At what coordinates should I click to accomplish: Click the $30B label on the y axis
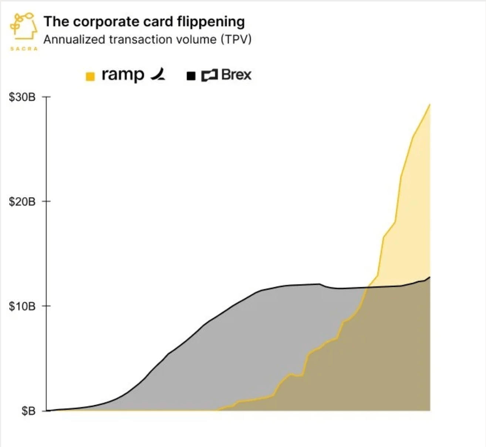point(22,97)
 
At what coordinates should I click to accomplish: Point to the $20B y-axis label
point(22,202)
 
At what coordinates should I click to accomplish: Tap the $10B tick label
point(22,306)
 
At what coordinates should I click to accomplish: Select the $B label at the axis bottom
point(28,411)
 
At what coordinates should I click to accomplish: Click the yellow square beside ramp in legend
point(90,77)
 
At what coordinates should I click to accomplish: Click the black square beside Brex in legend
point(191,77)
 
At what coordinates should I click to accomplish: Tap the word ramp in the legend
point(122,75)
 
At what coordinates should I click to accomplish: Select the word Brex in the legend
point(236,75)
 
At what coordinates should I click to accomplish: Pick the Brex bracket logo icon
point(209,75)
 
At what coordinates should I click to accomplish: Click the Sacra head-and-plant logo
point(23,26)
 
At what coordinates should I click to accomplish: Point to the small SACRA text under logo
point(23,49)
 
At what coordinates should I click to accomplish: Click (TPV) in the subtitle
point(236,40)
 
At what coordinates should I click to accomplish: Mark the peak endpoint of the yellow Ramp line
point(429,104)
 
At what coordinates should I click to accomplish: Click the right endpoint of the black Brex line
point(430,277)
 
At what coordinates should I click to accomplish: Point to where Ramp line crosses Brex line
point(368,287)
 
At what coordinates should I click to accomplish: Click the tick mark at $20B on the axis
point(46,201)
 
